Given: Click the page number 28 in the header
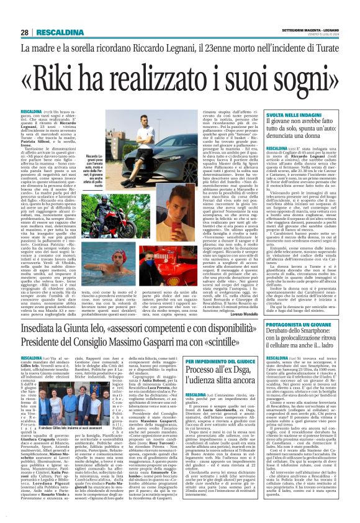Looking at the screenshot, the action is [25, 32].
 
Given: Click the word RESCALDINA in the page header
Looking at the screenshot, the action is [56, 32].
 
